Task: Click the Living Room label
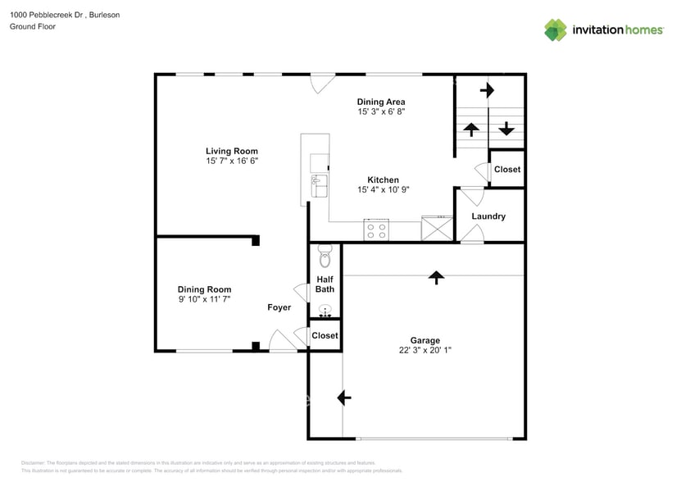232,151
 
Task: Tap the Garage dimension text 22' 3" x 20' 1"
424,350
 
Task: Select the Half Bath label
325,284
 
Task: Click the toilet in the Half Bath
325,258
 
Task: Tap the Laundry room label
488,216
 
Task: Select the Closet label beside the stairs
507,170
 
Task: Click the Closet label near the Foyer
325,335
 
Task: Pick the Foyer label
279,308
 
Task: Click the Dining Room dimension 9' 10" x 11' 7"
205,300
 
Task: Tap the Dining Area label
381,102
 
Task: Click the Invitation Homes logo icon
556,30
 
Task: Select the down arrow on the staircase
506,128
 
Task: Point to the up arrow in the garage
436,277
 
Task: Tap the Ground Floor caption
32,26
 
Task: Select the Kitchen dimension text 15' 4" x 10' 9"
383,190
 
